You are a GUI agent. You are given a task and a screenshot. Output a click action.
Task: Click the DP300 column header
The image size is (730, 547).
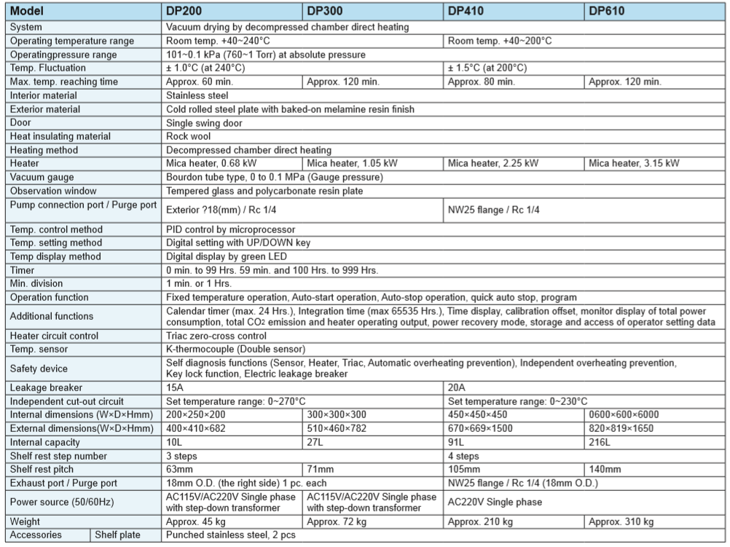click(324, 12)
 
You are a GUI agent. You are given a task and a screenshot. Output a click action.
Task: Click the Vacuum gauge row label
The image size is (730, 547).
click(42, 177)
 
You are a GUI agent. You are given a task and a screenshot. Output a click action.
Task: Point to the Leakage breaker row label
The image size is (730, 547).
click(46, 387)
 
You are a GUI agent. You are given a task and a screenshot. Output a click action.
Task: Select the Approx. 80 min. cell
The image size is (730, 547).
click(482, 82)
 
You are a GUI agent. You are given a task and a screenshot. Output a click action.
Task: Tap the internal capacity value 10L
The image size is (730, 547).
click(173, 442)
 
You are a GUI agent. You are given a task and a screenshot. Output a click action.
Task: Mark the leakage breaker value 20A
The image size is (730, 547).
click(456, 387)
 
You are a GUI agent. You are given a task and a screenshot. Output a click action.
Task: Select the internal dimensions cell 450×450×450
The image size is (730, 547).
click(478, 414)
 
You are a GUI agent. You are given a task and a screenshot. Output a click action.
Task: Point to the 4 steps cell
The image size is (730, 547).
click(464, 456)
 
